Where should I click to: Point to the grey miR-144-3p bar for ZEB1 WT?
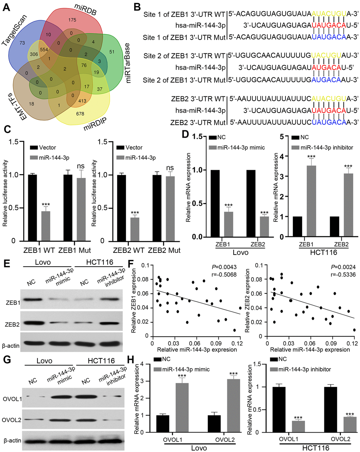(46, 226)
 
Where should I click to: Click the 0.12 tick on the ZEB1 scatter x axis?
(240, 343)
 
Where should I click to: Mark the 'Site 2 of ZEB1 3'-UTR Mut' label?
(184, 80)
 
